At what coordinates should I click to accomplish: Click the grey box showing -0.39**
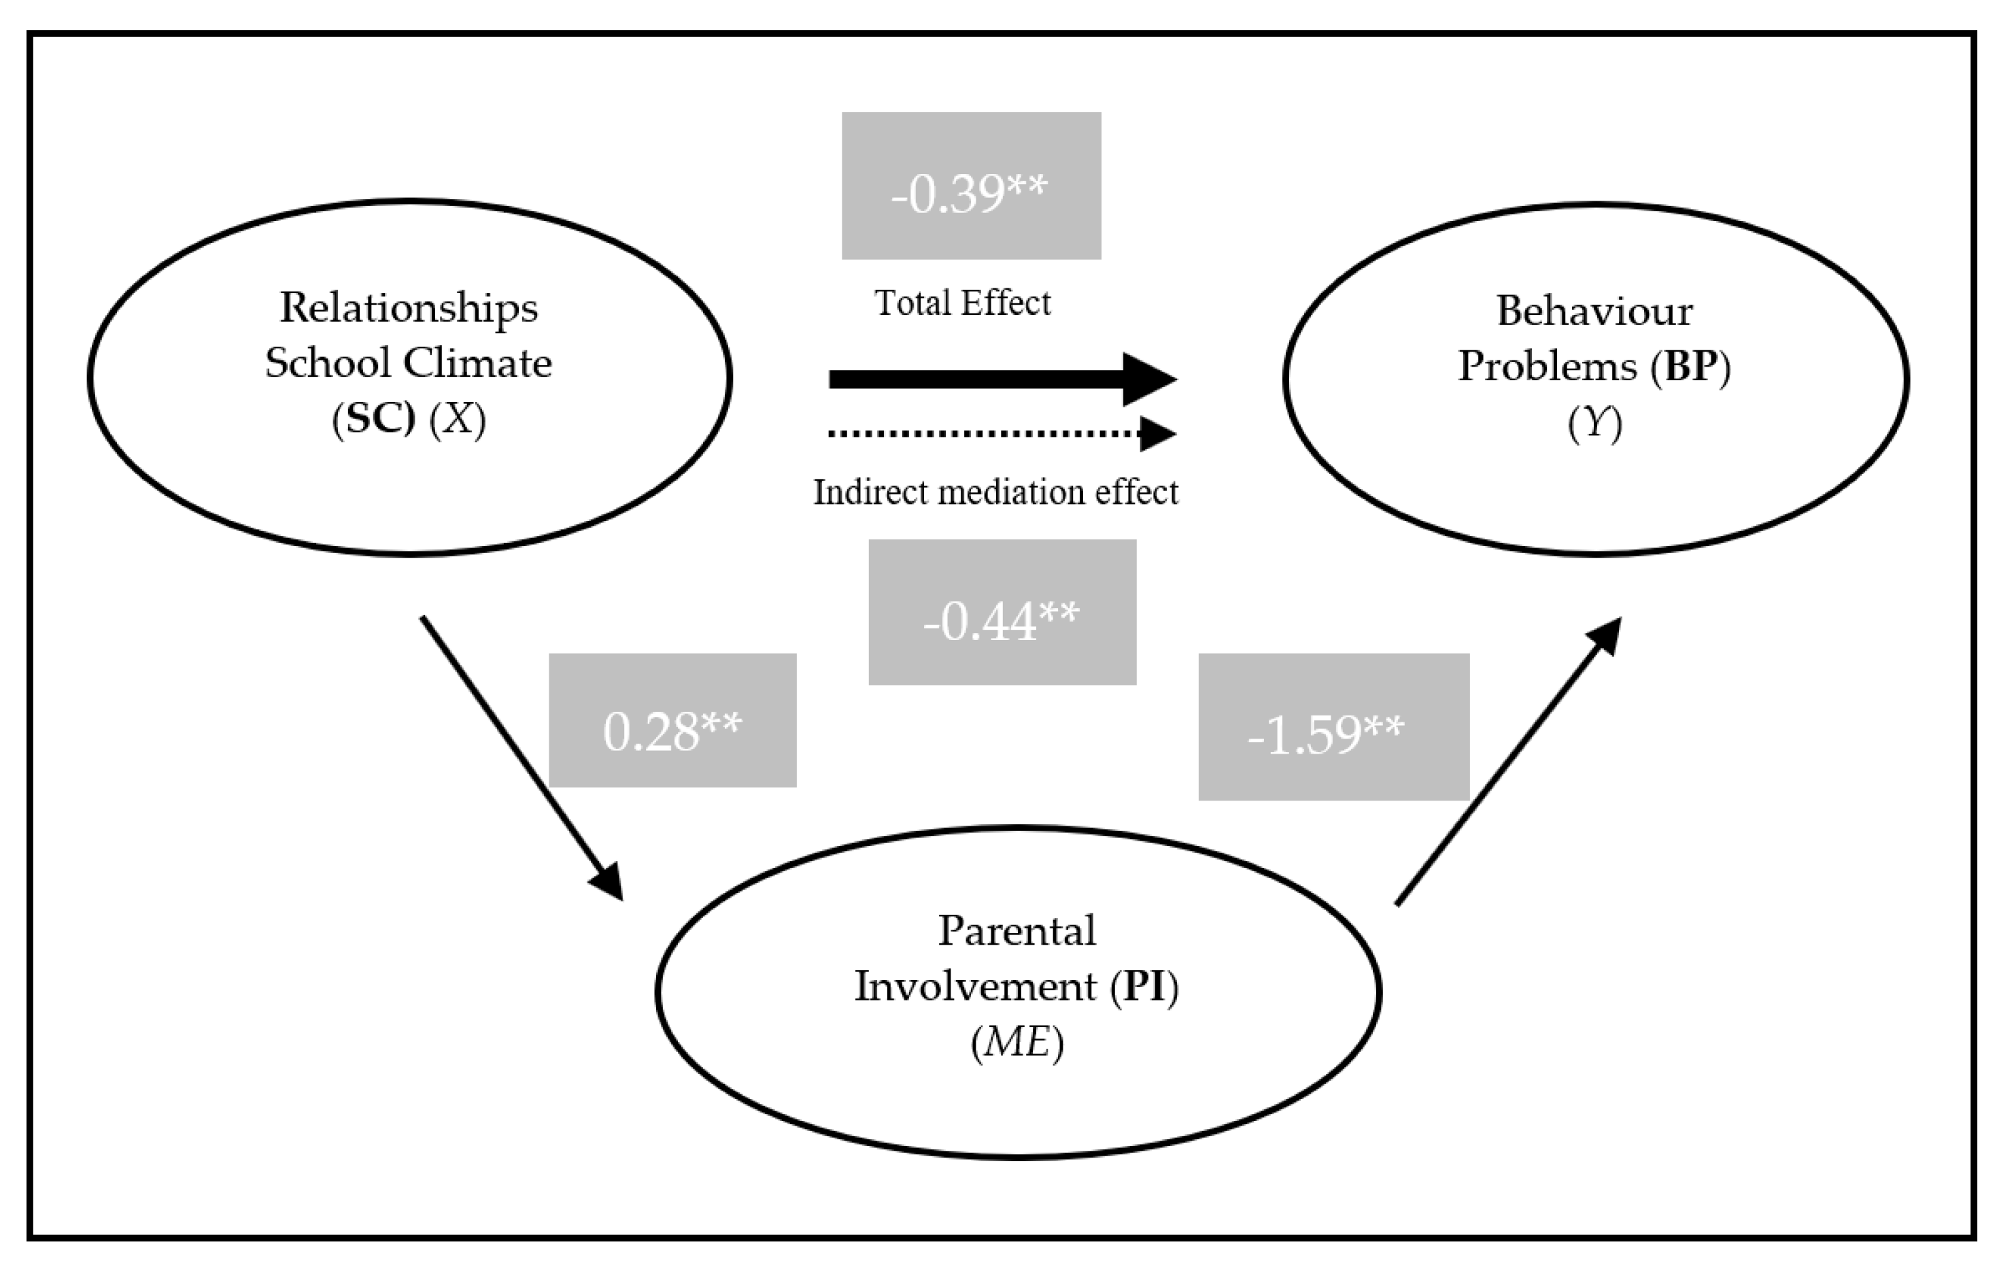click(x=970, y=186)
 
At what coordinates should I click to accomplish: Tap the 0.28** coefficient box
click(x=672, y=720)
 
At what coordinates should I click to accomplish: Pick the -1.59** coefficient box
click(x=1333, y=726)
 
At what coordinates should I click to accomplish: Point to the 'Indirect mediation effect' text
click(x=995, y=492)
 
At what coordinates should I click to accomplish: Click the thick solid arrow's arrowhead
click(x=1150, y=380)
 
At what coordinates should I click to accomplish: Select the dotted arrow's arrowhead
click(x=1158, y=433)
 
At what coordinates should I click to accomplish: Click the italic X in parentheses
click(x=458, y=420)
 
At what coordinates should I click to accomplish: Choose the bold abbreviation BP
click(x=1690, y=366)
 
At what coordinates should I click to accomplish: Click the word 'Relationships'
click(x=409, y=308)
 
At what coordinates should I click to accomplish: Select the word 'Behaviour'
click(x=1594, y=311)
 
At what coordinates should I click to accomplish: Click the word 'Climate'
click(x=478, y=364)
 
